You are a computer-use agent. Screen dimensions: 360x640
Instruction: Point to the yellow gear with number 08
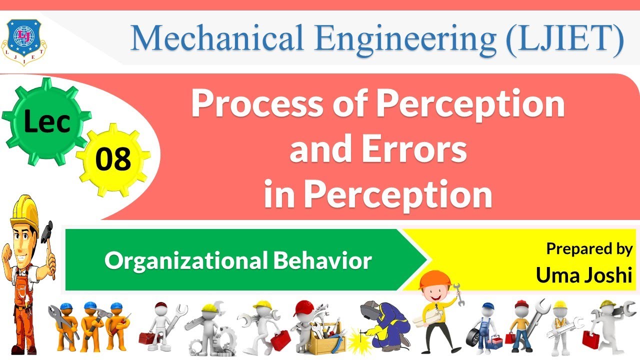(113, 159)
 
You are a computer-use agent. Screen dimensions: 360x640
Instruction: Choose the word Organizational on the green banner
(185, 260)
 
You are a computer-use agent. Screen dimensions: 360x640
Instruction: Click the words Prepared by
(589, 248)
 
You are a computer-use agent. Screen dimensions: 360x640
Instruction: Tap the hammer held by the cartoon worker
(47, 233)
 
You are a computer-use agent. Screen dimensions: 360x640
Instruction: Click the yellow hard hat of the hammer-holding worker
(23, 209)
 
